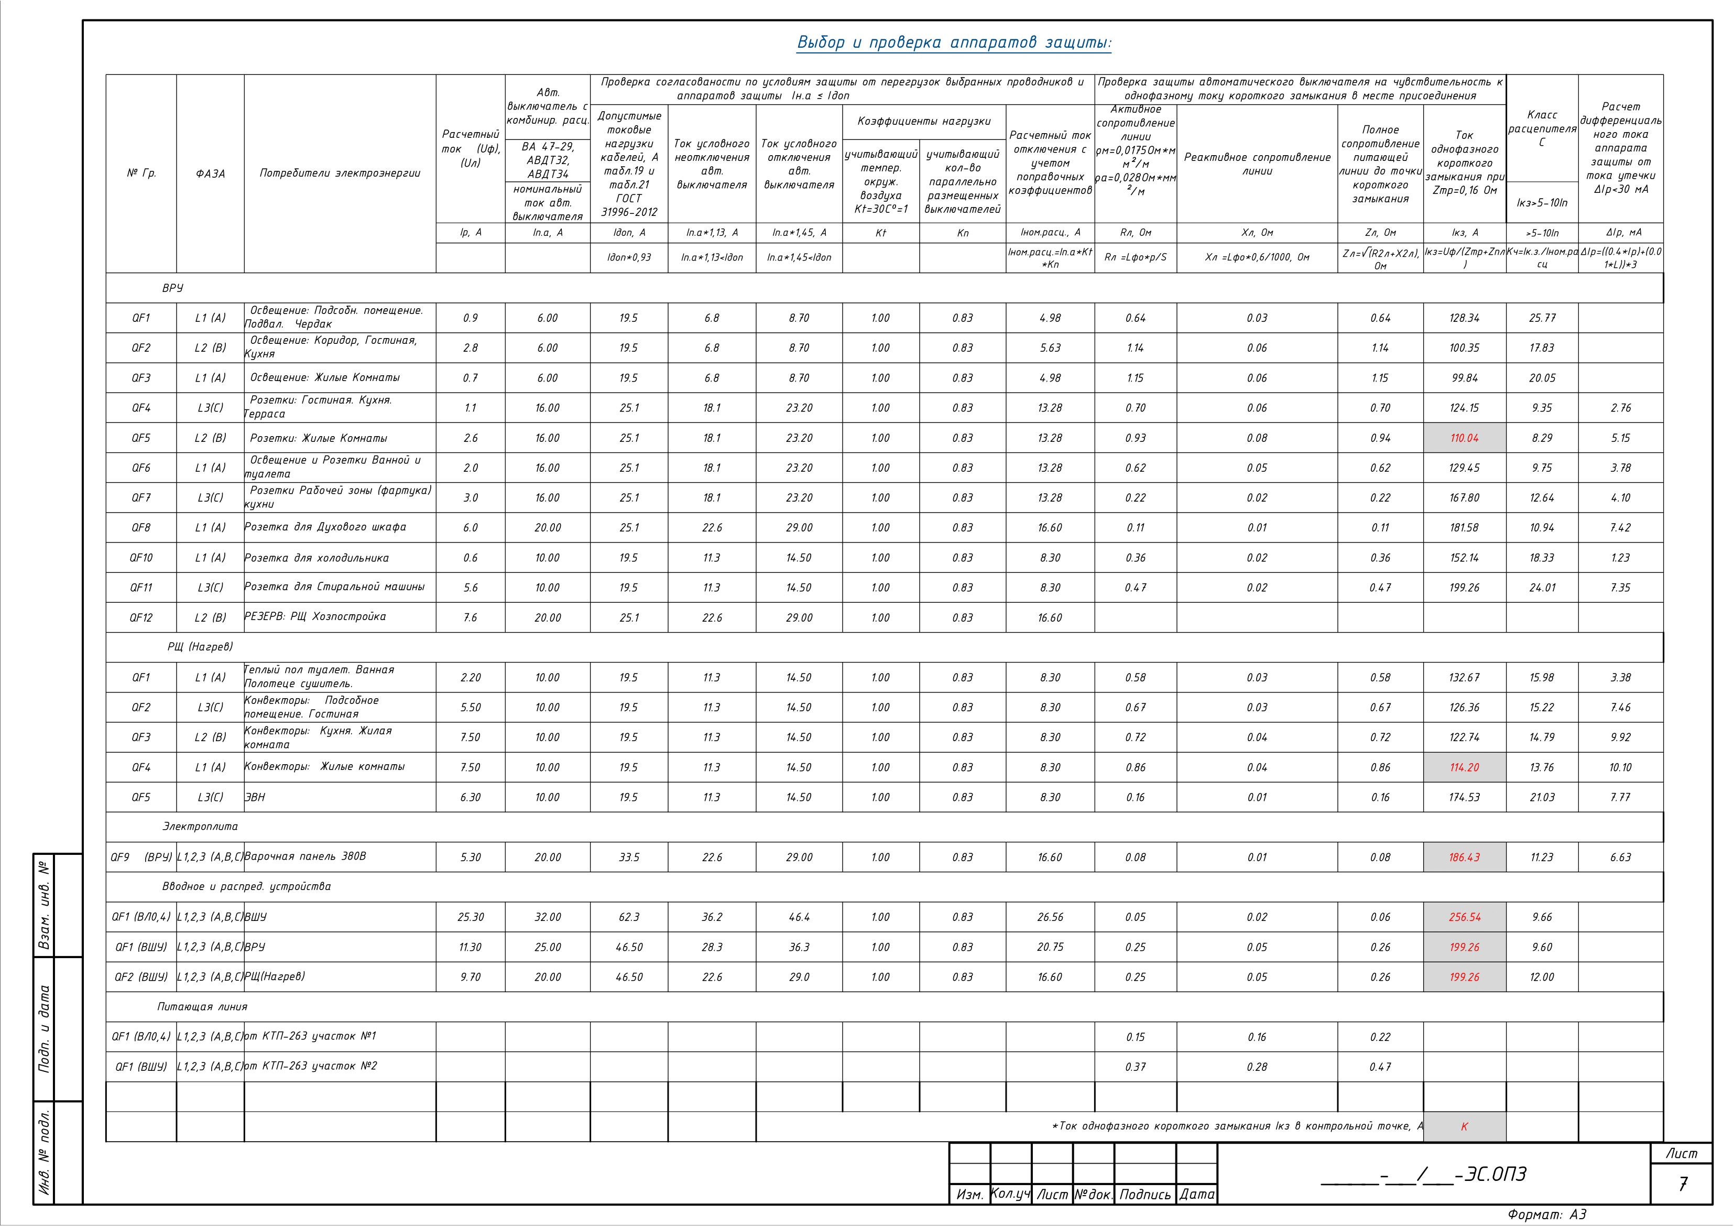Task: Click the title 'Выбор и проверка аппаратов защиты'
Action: pyautogui.click(x=954, y=43)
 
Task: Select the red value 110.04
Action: pyautogui.click(x=1464, y=438)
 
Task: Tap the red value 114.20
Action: pyautogui.click(x=1464, y=767)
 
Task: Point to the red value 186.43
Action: pyautogui.click(x=1464, y=858)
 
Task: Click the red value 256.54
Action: pyautogui.click(x=1464, y=917)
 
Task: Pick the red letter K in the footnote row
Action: pyautogui.click(x=1464, y=1126)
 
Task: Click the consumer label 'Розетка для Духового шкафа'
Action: pyautogui.click(x=325, y=527)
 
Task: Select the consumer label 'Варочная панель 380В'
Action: pyautogui.click(x=305, y=856)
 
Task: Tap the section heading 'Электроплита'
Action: pyautogui.click(x=200, y=827)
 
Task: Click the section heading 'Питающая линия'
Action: pyautogui.click(x=202, y=1007)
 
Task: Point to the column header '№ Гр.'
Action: pyautogui.click(x=141, y=173)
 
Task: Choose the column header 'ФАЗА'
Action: pyautogui.click(x=210, y=173)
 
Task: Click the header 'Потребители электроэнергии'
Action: pyautogui.click(x=340, y=173)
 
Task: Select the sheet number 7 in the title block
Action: pyautogui.click(x=1682, y=1184)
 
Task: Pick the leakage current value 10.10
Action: pyautogui.click(x=1620, y=767)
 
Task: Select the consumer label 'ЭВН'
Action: pyautogui.click(x=255, y=797)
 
